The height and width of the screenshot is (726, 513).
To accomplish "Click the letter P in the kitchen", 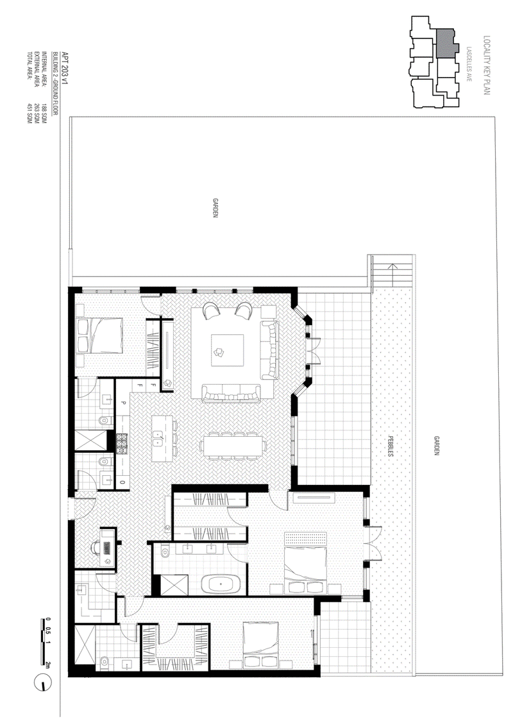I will pyautogui.click(x=123, y=403).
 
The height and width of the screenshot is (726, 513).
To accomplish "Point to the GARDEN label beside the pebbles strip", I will pyautogui.click(x=436, y=443).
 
